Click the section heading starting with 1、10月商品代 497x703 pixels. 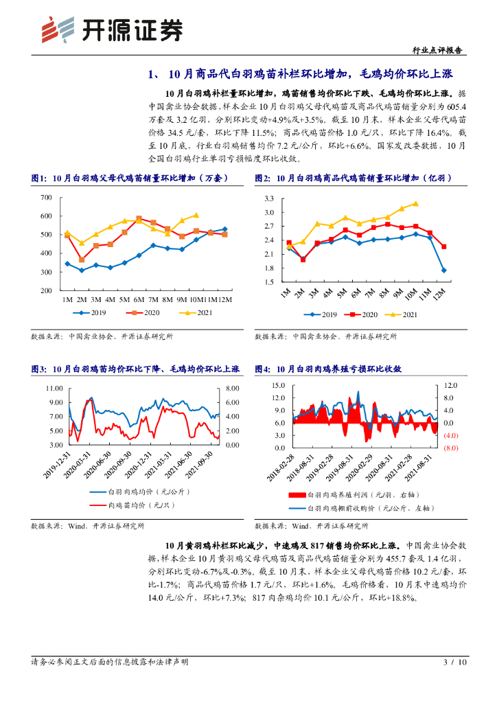(301, 74)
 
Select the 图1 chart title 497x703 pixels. (129, 178)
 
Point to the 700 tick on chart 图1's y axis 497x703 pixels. (46, 198)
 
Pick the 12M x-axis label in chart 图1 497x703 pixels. (224, 300)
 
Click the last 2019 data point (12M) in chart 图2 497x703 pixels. (444, 270)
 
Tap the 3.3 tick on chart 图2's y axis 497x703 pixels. (268, 198)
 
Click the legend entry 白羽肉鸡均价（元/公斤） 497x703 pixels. (148, 492)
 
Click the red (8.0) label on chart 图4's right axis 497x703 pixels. (450, 448)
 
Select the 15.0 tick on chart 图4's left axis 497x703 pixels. (278, 385)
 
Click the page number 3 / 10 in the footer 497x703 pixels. (454, 662)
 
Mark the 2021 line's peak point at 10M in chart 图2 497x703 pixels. (415, 203)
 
